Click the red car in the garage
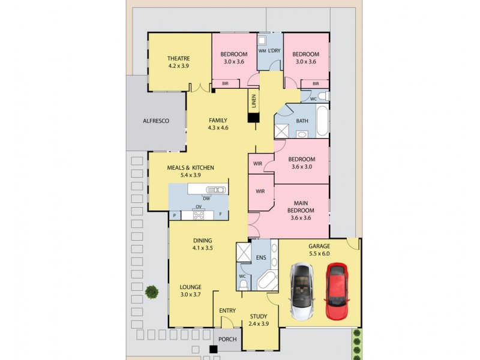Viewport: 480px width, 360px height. [x=338, y=291]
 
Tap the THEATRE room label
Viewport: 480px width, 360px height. [x=178, y=58]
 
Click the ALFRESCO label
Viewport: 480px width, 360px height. [x=155, y=121]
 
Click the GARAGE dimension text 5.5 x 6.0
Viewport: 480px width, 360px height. [x=319, y=254]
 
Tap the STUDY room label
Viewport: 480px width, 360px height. [x=259, y=316]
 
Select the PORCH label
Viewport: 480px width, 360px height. [x=227, y=340]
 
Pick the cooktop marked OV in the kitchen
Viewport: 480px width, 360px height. [x=199, y=214]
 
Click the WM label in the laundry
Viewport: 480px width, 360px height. [x=262, y=51]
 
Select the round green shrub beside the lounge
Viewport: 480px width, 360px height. [x=152, y=292]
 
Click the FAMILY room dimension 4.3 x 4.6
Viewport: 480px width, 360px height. [x=217, y=128]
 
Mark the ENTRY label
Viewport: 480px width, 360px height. [x=227, y=310]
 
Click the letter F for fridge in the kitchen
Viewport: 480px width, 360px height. [x=220, y=214]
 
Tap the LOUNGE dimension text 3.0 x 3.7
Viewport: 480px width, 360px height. [x=191, y=295]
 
